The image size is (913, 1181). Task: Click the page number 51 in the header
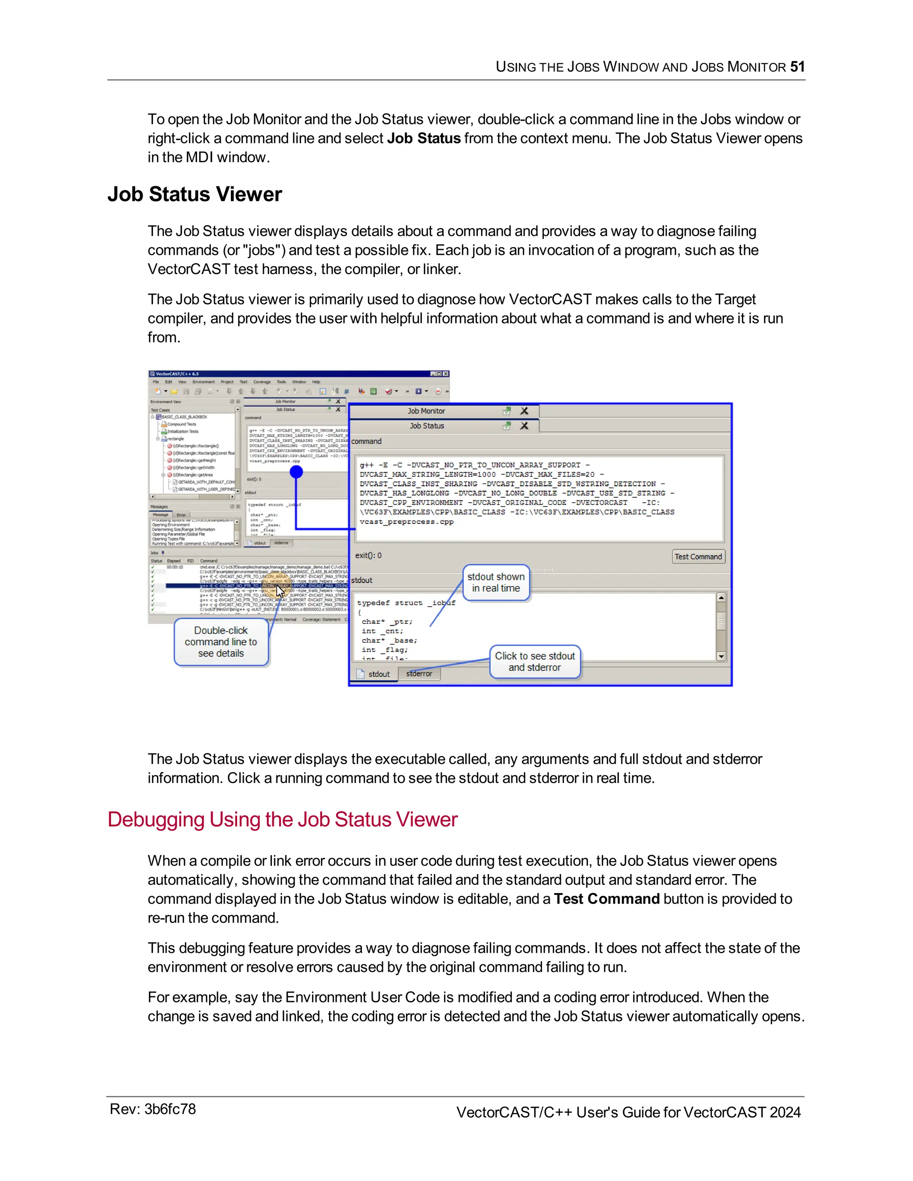(797, 66)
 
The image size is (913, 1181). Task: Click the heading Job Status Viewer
(195, 194)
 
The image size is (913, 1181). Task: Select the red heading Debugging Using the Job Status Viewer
(282, 819)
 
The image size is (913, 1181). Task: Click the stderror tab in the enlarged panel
(419, 674)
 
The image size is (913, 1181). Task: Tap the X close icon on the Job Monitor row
(524, 411)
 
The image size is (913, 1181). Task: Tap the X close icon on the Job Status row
(524, 426)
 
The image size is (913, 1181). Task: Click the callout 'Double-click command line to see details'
(221, 642)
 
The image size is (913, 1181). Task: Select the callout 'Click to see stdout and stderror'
(535, 661)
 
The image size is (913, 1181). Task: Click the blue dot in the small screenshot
(296, 472)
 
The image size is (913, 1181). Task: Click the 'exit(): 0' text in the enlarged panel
(368, 555)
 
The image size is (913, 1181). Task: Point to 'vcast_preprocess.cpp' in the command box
(406, 522)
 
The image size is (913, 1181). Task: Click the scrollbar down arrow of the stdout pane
(720, 656)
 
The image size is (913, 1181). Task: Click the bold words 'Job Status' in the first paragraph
(424, 139)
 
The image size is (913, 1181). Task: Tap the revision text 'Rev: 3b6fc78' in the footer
(152, 1109)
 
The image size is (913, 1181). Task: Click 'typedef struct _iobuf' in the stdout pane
(406, 603)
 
